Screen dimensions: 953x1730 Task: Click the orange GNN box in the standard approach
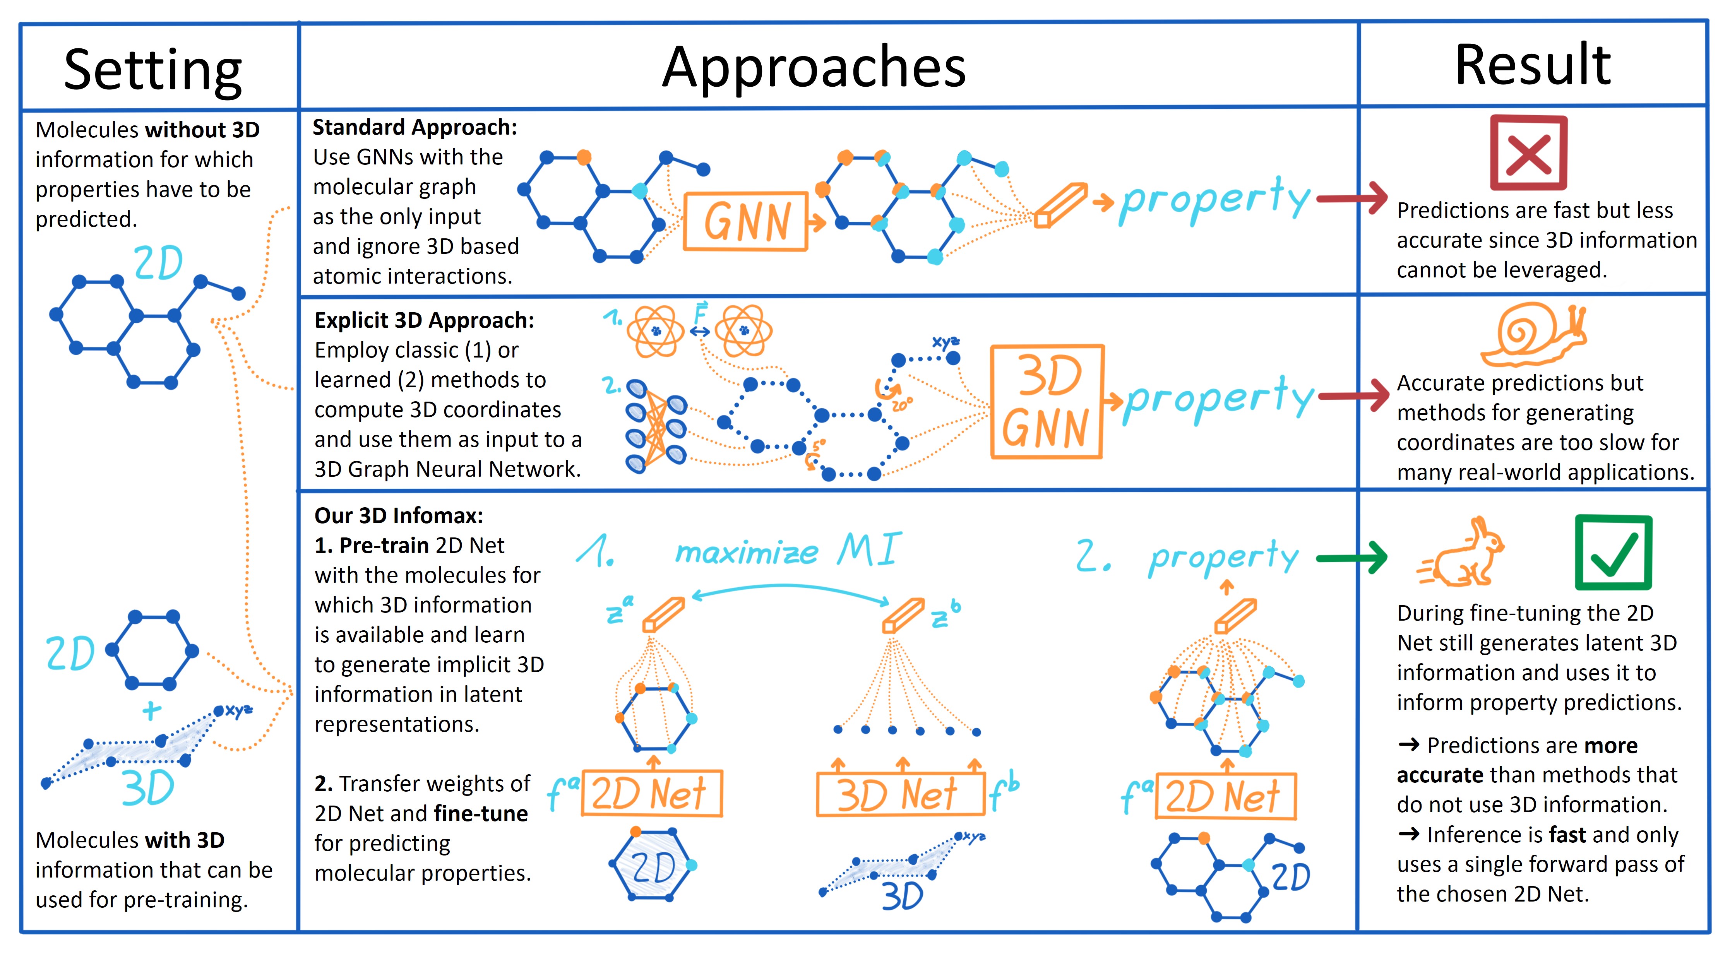coord(745,222)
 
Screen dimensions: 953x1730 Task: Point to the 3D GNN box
coord(1047,402)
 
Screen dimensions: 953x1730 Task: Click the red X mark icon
coord(1528,153)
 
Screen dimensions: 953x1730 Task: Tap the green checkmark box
coord(1613,552)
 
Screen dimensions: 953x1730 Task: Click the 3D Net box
coord(900,794)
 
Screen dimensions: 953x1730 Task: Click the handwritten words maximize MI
coord(788,551)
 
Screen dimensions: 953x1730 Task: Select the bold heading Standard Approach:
coord(415,127)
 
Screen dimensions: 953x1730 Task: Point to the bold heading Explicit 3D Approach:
coord(424,320)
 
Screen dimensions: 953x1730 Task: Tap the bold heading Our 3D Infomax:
coord(398,515)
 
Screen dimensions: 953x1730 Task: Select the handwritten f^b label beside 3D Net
coord(1004,792)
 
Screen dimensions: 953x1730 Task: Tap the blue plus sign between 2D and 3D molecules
coord(152,710)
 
